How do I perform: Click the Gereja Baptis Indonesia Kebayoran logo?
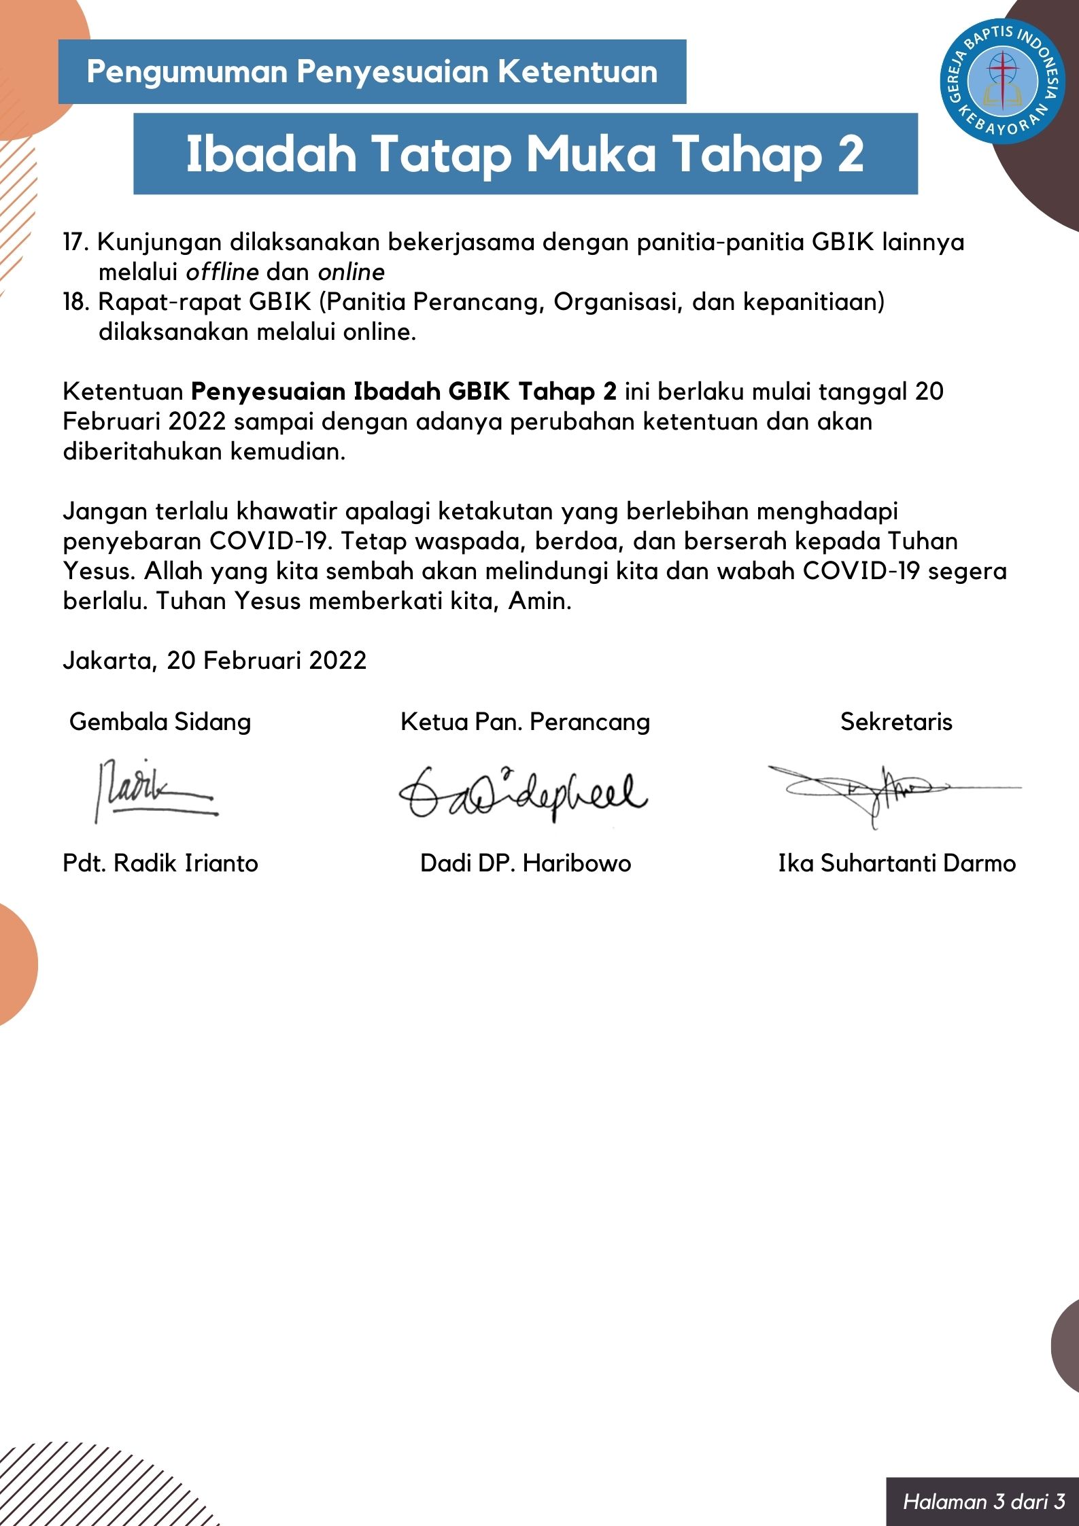click(x=1002, y=81)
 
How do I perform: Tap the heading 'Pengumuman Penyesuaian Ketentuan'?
click(x=372, y=72)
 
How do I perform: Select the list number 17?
click(x=75, y=243)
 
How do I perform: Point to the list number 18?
click(x=75, y=302)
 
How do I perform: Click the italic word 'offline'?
click(x=222, y=273)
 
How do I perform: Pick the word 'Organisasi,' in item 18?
click(x=618, y=302)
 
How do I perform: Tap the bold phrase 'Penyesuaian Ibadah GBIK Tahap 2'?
click(x=404, y=392)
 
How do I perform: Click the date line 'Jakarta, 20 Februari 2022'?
click(x=215, y=661)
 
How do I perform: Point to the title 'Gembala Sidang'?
click(x=160, y=722)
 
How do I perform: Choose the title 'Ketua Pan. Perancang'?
click(x=525, y=722)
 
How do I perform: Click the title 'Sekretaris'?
click(x=896, y=722)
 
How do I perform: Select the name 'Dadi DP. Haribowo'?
click(x=526, y=863)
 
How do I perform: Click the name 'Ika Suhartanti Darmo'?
click(x=897, y=863)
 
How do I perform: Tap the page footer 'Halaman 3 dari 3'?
click(x=984, y=1501)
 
